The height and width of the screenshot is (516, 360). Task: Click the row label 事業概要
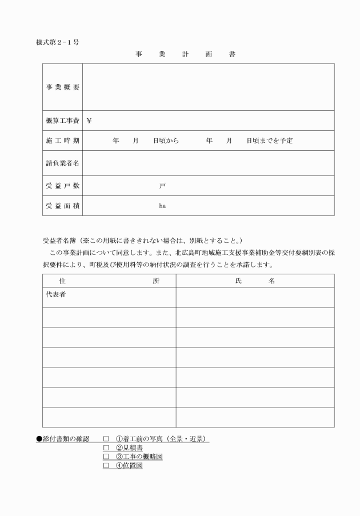[62, 87]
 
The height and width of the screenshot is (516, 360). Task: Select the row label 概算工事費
[62, 121]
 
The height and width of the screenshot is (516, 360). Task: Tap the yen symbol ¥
[89, 121]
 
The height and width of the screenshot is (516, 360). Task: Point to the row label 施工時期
[62, 141]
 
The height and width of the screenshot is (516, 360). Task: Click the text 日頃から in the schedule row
[166, 141]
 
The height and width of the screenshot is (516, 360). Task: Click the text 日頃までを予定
[269, 141]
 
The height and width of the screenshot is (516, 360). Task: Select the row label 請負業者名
[62, 163]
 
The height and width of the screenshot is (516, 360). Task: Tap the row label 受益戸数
[62, 186]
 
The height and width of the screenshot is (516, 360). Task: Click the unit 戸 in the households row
[162, 186]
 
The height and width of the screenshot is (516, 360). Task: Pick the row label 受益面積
[62, 206]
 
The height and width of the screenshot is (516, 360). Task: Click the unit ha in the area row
[162, 206]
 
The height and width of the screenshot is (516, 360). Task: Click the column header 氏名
[255, 281]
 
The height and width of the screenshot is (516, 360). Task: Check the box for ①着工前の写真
[106, 439]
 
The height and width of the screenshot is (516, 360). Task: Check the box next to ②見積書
[106, 448]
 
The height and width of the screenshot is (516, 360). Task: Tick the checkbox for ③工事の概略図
[106, 457]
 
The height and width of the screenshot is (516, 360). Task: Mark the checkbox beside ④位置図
[106, 466]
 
